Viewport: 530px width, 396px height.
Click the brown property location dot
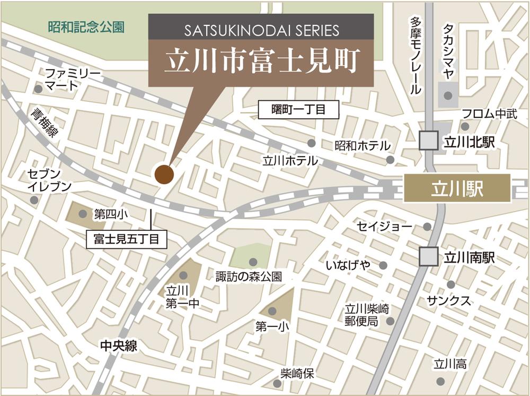pos(164,174)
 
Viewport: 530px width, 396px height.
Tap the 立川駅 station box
pos(457,188)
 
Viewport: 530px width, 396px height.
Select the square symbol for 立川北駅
pos(428,141)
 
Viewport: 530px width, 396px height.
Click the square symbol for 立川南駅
pos(428,257)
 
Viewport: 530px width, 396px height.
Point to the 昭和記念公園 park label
pos(86,27)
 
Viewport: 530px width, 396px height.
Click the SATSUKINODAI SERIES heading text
pos(261,30)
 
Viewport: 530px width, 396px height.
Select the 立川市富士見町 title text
pos(262,62)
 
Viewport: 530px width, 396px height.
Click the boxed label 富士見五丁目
pos(126,239)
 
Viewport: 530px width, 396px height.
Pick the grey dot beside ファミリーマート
pos(38,89)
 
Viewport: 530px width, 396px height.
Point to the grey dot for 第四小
pos(83,214)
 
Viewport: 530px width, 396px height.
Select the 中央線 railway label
pos(119,346)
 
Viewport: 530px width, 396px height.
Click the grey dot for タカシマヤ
pos(448,96)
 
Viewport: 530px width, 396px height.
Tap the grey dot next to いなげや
pos(383,265)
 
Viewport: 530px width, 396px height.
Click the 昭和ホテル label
pos(362,145)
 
